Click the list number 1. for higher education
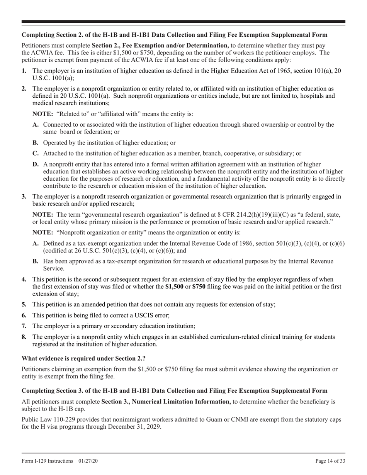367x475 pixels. coord(24,71)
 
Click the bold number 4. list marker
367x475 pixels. coord(24,279)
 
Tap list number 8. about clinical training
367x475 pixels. coord(24,337)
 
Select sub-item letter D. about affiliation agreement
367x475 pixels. coord(36,165)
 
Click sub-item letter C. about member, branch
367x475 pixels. coord(36,153)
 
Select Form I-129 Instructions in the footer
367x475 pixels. coord(48,461)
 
